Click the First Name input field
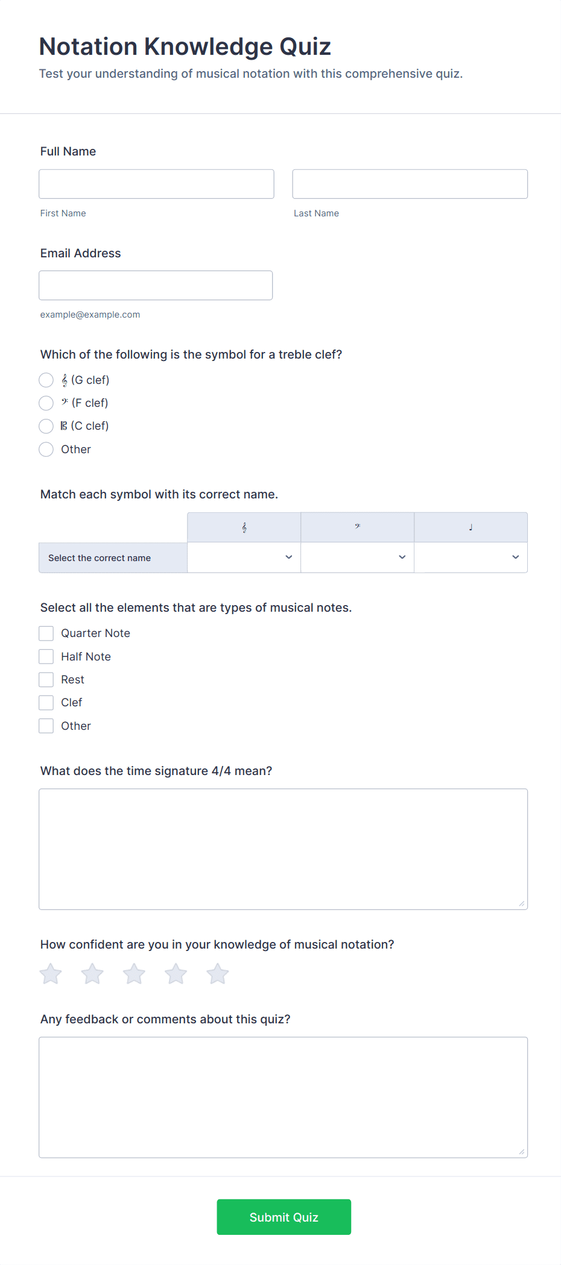tap(156, 184)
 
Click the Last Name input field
tap(410, 184)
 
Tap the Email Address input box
tap(156, 285)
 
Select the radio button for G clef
tap(46, 380)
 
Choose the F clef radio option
tap(46, 403)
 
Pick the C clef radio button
tap(46, 426)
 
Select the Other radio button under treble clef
tap(46, 449)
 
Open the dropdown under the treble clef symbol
tap(244, 557)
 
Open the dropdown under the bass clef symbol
tap(357, 557)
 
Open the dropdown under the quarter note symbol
tap(471, 557)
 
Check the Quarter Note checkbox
tap(46, 633)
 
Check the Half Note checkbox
tap(46, 656)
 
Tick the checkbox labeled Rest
tap(46, 680)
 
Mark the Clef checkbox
tap(46, 703)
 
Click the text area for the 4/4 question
tap(283, 849)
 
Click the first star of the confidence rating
tap(51, 974)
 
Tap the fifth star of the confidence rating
tap(218, 974)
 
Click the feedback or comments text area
tap(283, 1097)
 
